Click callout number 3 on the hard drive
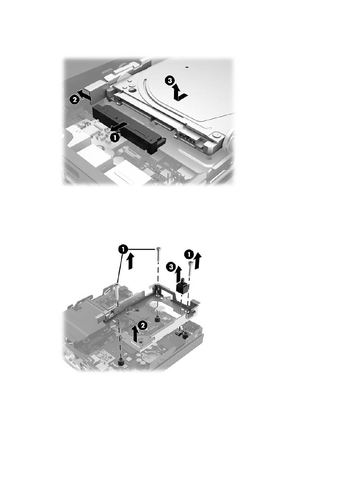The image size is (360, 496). [170, 81]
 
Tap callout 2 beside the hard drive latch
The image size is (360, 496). [75, 100]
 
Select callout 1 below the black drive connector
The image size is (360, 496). [114, 138]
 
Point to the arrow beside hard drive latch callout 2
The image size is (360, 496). [85, 95]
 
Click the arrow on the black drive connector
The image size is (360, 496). [119, 128]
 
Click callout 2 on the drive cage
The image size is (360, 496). [143, 325]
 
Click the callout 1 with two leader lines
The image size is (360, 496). [123, 250]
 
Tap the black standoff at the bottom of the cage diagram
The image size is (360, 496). [121, 363]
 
